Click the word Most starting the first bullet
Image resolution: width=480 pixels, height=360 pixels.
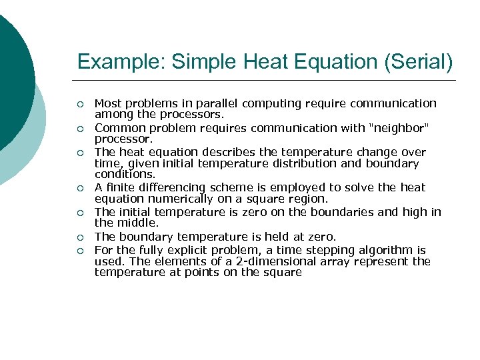107,103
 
